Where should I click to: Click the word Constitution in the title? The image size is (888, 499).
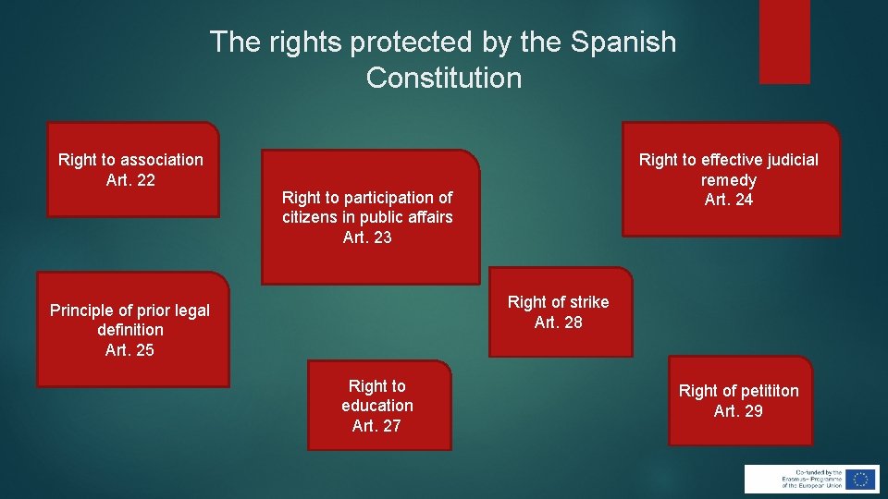443,79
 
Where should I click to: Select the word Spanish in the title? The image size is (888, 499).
623,43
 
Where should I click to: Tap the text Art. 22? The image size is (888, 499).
130,180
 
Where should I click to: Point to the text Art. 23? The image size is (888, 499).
367,237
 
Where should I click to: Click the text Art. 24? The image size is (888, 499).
729,200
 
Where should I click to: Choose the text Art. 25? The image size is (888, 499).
129,350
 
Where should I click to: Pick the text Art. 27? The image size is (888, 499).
376,426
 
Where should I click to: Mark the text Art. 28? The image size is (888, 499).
559,323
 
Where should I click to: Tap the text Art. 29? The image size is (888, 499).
738,411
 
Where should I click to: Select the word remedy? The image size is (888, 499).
729,180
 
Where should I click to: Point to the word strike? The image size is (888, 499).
589,302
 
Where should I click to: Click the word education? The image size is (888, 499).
377,406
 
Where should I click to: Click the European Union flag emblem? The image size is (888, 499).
861,479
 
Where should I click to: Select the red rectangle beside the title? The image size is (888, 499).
784,42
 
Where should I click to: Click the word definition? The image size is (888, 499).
129,330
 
